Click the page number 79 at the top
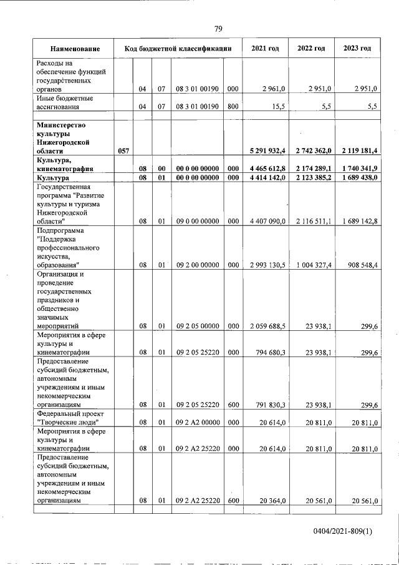click(218, 29)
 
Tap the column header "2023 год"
click(357, 49)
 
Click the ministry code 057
click(123, 151)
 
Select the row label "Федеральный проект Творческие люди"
click(70, 418)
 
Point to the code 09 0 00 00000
click(197, 221)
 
